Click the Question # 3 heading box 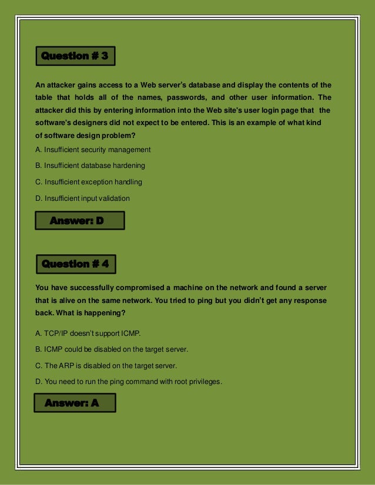coord(75,56)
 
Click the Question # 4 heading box coord(75,264)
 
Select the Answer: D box coord(79,221)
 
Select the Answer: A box coord(73,403)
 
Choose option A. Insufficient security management coord(93,150)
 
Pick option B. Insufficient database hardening coord(90,166)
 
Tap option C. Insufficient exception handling coord(89,182)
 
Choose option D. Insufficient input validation coord(83,198)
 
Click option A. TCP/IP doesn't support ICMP coord(88,334)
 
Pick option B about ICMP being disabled coord(112,349)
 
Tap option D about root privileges coord(129,382)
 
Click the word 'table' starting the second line coord(44,97)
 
